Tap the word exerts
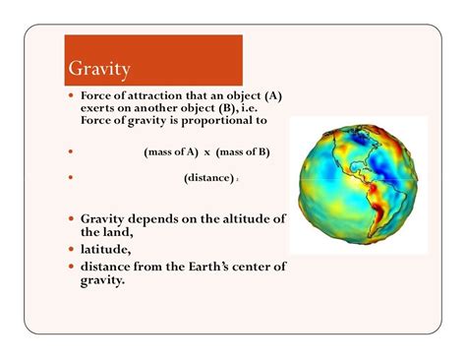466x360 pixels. point(101,108)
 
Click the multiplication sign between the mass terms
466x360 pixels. point(207,152)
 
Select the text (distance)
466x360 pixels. point(207,178)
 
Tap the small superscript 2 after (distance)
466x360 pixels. point(237,180)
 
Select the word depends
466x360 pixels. point(154,218)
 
